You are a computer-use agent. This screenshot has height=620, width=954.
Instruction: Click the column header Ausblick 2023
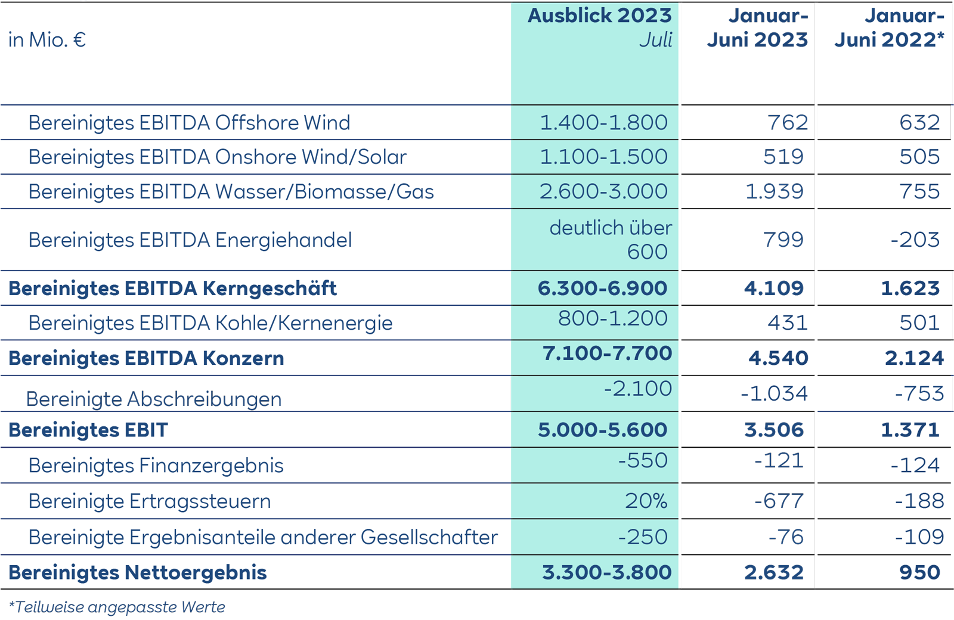coord(599,16)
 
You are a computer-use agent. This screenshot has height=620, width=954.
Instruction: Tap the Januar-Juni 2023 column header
coord(757,28)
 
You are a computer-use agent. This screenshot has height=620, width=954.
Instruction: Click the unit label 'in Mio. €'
coord(47,40)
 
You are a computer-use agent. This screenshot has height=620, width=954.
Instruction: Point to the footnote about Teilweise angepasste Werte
coord(117,607)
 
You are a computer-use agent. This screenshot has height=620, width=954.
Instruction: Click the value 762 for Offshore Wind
coord(788,122)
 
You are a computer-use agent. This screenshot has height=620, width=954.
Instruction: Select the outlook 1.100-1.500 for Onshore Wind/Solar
coord(603,157)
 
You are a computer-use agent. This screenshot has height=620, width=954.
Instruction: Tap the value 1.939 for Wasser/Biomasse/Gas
coord(775,191)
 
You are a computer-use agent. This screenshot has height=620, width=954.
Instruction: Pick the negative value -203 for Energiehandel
coord(915,240)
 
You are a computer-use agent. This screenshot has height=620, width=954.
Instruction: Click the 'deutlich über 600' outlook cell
coord(611,240)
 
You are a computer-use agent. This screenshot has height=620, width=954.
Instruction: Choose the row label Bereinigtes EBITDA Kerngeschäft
coord(172,289)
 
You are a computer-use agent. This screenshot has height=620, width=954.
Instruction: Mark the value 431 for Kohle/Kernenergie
coord(788,323)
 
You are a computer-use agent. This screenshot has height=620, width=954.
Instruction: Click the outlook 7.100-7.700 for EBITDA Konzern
coord(607,353)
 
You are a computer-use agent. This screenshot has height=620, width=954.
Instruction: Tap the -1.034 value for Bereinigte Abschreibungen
coord(774,393)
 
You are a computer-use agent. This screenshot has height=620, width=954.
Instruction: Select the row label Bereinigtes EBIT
coord(88,430)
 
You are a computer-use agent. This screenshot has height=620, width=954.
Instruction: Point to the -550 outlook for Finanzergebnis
coord(643,460)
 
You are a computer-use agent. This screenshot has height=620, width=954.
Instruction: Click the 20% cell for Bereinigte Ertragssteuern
coord(646,501)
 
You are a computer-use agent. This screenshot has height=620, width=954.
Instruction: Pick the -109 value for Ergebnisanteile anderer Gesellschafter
coord(919,537)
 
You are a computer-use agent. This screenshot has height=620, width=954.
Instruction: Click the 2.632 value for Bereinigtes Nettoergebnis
coord(774,572)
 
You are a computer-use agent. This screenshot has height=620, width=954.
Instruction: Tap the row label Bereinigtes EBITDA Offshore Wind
coord(189,123)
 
